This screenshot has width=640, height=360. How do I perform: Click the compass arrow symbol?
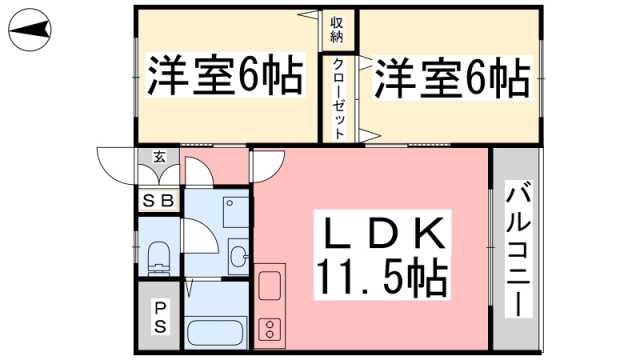point(29,34)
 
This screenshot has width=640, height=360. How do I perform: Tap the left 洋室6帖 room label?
point(226,75)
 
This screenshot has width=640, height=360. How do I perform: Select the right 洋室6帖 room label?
point(452,78)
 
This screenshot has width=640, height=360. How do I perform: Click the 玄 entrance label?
point(160,157)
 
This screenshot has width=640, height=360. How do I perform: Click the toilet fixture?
point(158,256)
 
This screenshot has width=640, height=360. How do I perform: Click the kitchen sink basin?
point(271,285)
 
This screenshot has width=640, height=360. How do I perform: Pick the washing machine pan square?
point(229,212)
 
